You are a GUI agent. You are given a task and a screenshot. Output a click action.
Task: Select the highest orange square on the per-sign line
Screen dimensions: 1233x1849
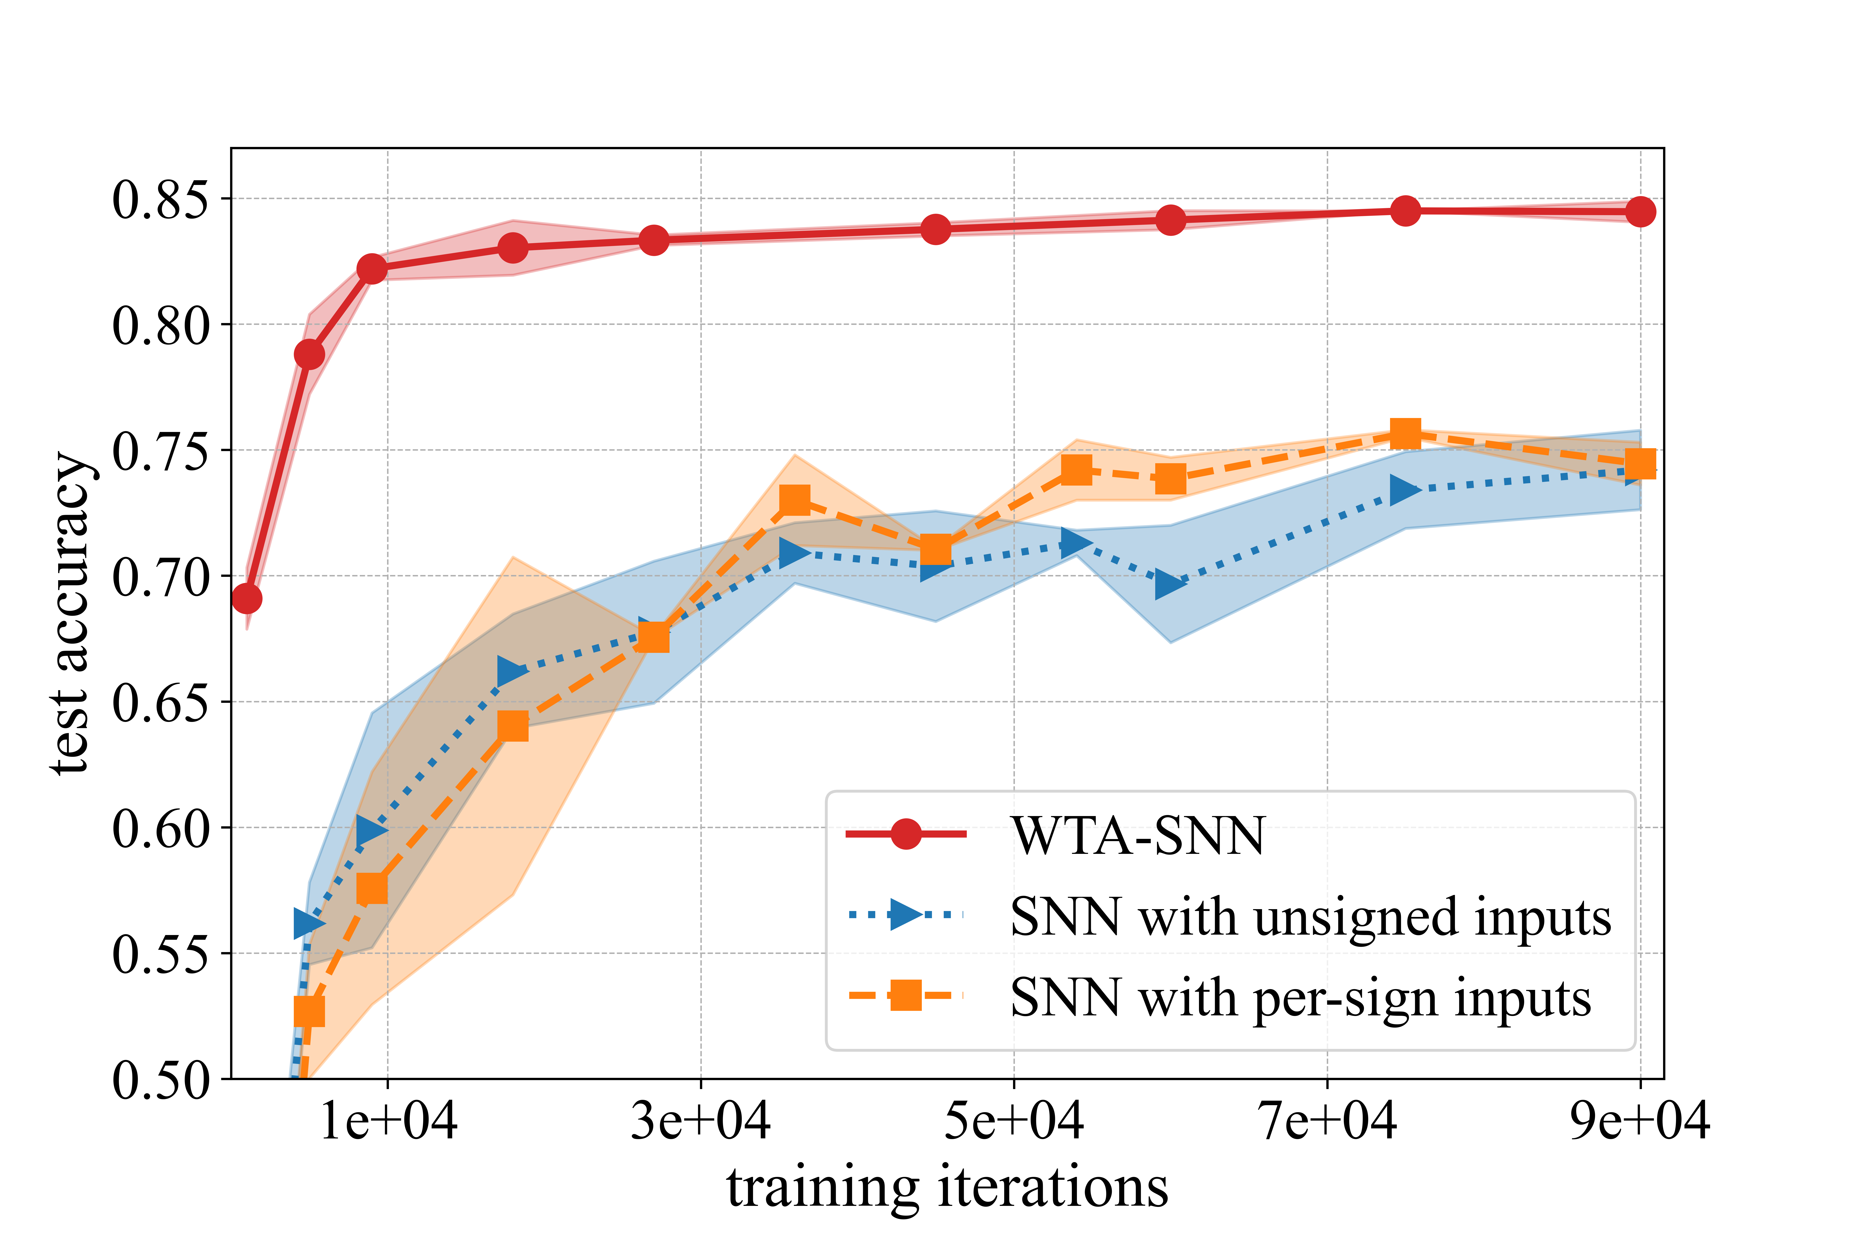point(1405,433)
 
